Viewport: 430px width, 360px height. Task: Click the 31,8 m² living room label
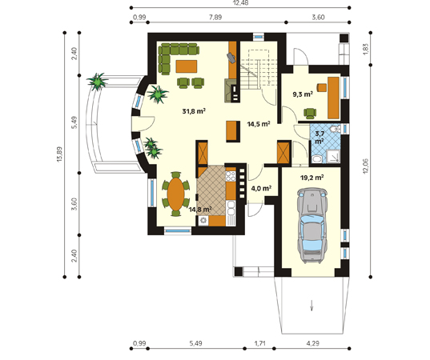[x=194, y=111]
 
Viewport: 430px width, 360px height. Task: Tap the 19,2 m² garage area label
[x=311, y=178]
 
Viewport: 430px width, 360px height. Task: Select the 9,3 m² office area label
[x=303, y=94]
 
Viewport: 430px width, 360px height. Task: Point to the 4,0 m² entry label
[x=261, y=189]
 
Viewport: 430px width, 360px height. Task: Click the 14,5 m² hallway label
[x=259, y=124]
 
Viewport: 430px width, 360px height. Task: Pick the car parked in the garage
[x=312, y=226]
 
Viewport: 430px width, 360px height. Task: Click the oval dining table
[x=176, y=194]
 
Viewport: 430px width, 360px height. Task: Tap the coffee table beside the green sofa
[x=187, y=66]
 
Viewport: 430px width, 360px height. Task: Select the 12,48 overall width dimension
[x=239, y=2]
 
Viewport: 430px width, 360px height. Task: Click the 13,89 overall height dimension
[x=59, y=154]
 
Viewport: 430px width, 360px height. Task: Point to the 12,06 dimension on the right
[x=366, y=166]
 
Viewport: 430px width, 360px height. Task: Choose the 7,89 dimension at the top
[x=215, y=18]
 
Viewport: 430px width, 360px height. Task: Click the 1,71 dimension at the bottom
[x=259, y=343]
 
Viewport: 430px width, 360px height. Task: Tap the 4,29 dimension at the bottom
[x=313, y=343]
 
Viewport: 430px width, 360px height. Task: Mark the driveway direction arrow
[x=311, y=306]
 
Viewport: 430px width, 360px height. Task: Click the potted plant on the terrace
[x=97, y=81]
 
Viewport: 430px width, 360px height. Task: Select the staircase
[x=259, y=70]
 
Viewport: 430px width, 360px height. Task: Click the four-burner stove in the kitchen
[x=231, y=176]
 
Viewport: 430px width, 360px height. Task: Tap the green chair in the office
[x=310, y=114]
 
